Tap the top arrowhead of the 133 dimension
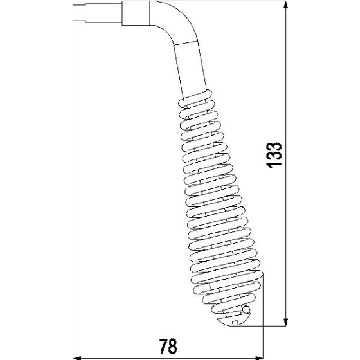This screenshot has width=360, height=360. (x=285, y=6)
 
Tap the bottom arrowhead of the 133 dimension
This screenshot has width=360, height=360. (x=285, y=321)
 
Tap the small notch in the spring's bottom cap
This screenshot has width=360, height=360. (x=240, y=315)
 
